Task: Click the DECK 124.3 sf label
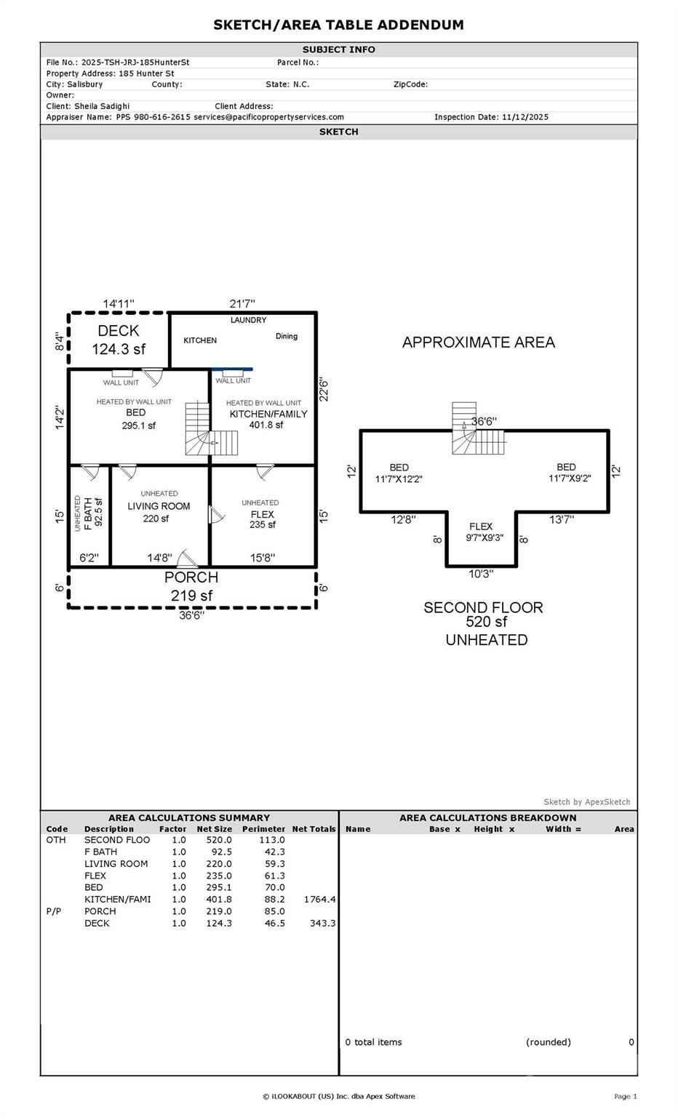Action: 118,340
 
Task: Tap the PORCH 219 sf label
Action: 191,586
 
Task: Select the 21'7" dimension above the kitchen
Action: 242,304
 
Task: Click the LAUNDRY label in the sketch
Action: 248,320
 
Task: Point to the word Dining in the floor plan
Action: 287,336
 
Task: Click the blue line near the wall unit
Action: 233,369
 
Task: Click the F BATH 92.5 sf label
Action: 88,512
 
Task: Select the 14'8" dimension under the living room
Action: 159,558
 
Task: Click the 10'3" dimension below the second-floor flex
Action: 481,574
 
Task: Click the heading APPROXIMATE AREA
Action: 478,343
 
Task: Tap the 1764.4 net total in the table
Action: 319,900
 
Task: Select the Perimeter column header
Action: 263,829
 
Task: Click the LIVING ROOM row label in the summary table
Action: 116,864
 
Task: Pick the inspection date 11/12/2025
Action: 525,117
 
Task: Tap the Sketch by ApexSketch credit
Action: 586,802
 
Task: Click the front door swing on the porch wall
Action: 189,558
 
